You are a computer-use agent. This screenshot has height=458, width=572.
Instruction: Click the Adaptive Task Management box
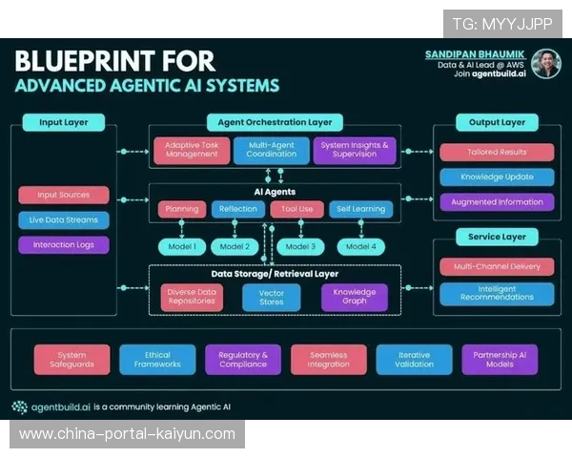click(x=192, y=150)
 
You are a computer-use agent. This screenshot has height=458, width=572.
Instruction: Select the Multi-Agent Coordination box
click(x=271, y=150)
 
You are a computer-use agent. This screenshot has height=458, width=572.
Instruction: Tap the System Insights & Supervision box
click(x=355, y=150)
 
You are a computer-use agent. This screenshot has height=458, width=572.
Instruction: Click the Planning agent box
click(x=182, y=209)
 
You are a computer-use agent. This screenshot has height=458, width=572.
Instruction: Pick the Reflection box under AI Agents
click(x=238, y=209)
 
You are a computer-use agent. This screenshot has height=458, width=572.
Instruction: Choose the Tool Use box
click(x=297, y=209)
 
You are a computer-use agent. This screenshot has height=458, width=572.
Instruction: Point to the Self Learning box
click(x=360, y=209)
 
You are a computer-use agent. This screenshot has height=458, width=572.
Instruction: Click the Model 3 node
click(x=300, y=246)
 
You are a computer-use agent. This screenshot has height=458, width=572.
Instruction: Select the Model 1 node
click(x=181, y=246)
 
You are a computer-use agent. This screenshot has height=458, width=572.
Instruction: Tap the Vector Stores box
click(x=272, y=298)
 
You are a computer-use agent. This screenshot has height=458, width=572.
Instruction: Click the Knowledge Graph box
click(x=355, y=298)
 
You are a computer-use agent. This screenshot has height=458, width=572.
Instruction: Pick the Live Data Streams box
click(x=63, y=219)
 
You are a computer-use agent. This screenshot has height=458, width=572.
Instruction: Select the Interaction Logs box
click(x=63, y=244)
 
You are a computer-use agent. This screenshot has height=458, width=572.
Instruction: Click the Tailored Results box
click(x=497, y=152)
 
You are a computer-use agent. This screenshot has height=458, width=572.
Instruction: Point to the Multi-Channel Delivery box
click(x=497, y=267)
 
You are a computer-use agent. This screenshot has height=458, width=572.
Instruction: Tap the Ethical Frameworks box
click(x=157, y=359)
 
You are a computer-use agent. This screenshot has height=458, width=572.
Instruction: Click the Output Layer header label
click(x=497, y=122)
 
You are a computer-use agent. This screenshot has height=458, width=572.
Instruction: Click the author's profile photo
click(x=545, y=63)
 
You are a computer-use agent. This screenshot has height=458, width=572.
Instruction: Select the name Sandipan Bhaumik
click(x=476, y=54)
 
